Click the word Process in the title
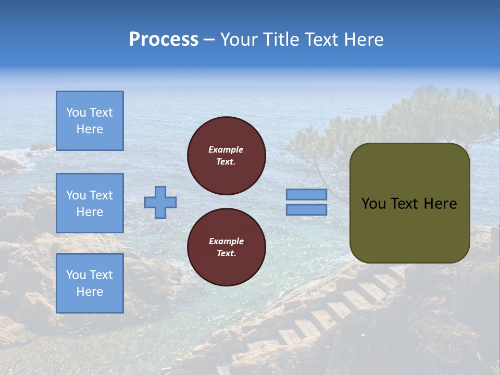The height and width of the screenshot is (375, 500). click(164, 40)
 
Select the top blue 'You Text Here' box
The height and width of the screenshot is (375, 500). click(90, 121)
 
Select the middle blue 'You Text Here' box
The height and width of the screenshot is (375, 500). click(90, 203)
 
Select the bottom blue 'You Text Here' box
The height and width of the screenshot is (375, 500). click(90, 283)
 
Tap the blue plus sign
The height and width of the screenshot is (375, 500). click(160, 202)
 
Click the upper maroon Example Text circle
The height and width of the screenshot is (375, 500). click(227, 156)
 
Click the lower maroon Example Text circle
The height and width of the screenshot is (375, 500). click(227, 247)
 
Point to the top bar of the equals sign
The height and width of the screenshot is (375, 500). click(306, 194)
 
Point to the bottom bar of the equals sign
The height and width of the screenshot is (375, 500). click(306, 209)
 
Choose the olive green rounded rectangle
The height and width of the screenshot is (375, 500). click(409, 229)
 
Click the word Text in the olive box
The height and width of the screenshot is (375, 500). click(404, 204)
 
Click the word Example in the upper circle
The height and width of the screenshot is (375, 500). click(226, 149)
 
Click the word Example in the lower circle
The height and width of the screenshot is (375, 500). click(226, 241)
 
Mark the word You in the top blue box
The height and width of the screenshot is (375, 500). click(76, 113)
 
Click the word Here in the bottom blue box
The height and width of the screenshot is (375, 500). click(90, 292)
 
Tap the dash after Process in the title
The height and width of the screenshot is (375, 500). click(209, 40)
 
